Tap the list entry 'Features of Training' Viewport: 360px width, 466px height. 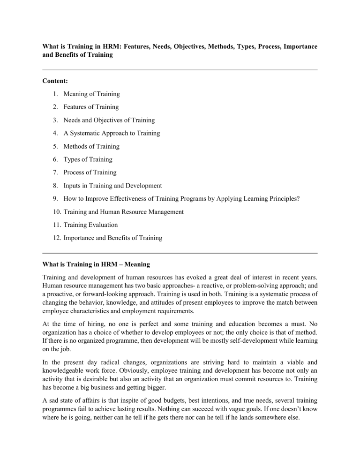coord(89,107)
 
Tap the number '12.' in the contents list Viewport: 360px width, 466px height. coord(53,238)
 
